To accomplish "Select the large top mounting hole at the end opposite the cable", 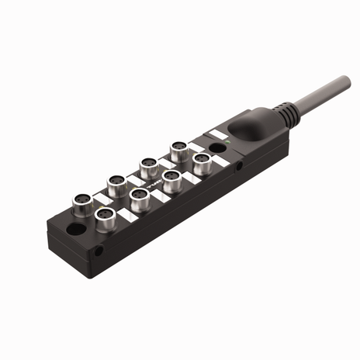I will [78, 230].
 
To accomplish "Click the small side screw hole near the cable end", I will [240, 165].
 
